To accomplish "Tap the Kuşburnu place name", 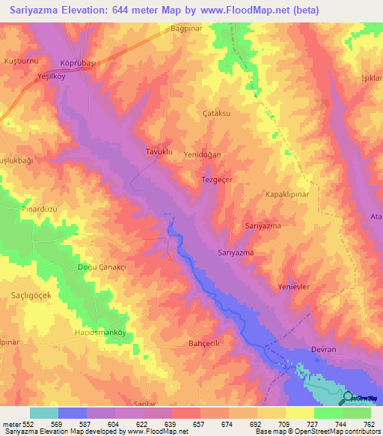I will click(x=21, y=59).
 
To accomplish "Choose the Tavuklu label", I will click(x=159, y=152).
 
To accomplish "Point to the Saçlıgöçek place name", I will click(x=31, y=295).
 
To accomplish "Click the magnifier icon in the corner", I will click(x=349, y=398).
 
